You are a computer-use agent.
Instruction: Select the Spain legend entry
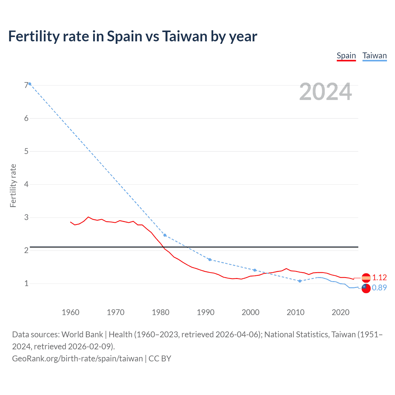click(346, 56)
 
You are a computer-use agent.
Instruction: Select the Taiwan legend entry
click(374, 56)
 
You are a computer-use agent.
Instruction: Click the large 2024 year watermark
click(325, 92)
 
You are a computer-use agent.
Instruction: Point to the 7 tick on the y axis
click(26, 85)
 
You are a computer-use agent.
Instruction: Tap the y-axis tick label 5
click(26, 151)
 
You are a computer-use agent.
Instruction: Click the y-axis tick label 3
click(26, 217)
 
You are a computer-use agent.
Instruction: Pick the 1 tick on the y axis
click(26, 283)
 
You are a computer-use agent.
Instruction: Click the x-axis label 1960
click(70, 312)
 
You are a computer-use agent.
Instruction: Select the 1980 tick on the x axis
click(160, 312)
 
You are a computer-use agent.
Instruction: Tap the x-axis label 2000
click(250, 312)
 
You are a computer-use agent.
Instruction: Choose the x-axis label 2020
click(340, 312)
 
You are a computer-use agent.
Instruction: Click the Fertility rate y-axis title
click(13, 186)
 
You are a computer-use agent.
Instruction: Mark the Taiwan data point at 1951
click(30, 84)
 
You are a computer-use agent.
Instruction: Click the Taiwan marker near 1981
click(165, 235)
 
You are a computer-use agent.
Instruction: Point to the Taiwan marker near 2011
click(300, 281)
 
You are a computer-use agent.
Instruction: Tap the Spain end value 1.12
click(379, 277)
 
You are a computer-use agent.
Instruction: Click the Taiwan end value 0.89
click(379, 288)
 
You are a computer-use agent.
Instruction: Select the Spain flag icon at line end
click(366, 278)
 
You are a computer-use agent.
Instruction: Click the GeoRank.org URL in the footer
click(77, 359)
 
